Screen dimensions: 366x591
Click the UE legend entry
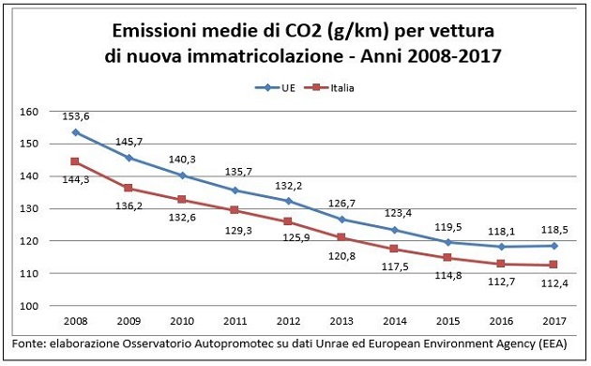click(x=274, y=88)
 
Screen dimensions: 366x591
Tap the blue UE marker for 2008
click(x=75, y=132)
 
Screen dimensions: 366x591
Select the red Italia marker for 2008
click(x=75, y=161)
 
